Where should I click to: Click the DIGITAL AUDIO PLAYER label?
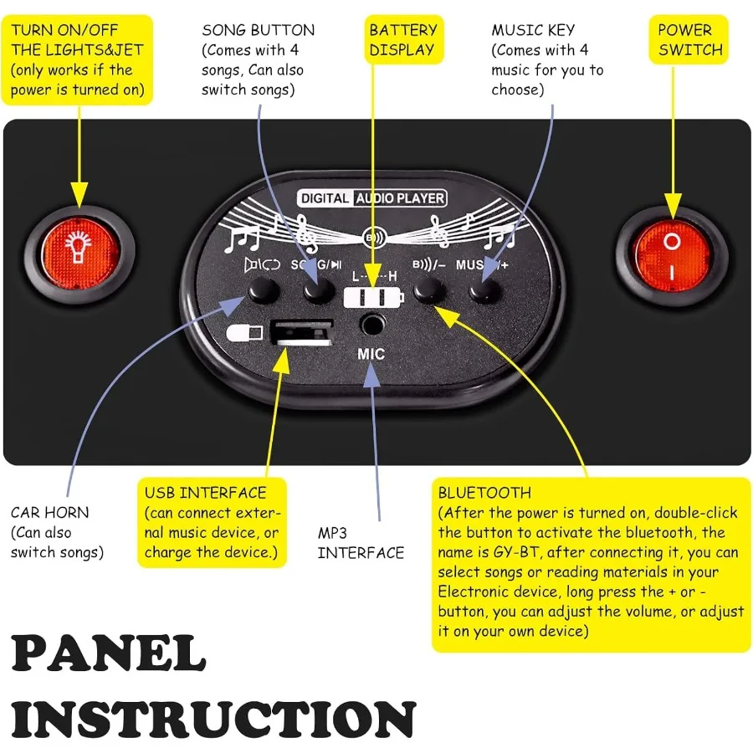pyautogui.click(x=372, y=198)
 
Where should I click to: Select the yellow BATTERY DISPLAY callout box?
pyautogui.click(x=402, y=39)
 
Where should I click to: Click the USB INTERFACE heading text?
pyautogui.click(x=205, y=492)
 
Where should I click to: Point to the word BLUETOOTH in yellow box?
pyautogui.click(x=484, y=492)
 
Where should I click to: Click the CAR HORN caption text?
pyautogui.click(x=49, y=512)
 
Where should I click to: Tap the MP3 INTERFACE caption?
pyautogui.click(x=361, y=542)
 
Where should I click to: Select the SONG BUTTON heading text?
pyautogui.click(x=258, y=30)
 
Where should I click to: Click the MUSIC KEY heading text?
pyautogui.click(x=533, y=30)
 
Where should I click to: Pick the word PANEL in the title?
pyautogui.click(x=109, y=655)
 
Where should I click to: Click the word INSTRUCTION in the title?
pyautogui.click(x=213, y=720)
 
